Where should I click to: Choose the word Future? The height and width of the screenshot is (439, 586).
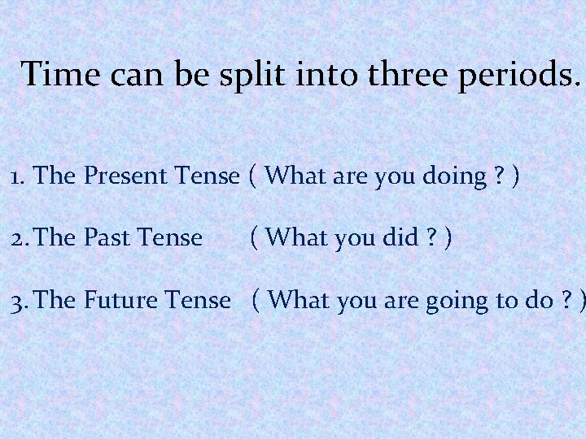click(x=123, y=300)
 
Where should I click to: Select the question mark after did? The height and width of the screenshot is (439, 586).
click(x=432, y=237)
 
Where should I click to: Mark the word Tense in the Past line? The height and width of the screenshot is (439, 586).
click(x=171, y=237)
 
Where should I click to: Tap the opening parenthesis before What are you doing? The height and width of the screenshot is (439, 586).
click(x=255, y=175)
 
